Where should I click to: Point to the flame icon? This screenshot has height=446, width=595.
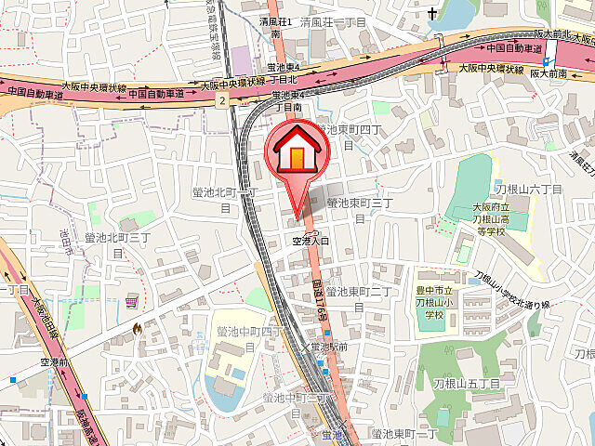139,328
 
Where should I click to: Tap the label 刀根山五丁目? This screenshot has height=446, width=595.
467,383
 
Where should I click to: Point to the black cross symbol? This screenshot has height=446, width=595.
432,14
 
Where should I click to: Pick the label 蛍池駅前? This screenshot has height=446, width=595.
329,346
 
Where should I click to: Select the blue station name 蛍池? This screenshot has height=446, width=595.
332,434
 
